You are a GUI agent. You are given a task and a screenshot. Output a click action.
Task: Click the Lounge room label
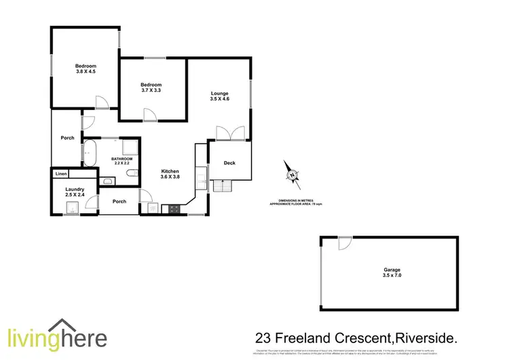(219, 96)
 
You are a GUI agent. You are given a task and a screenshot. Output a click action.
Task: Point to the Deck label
(229, 163)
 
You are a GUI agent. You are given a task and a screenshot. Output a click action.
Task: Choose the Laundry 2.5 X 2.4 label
(74, 192)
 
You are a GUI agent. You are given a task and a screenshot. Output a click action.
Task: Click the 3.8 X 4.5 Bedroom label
(86, 69)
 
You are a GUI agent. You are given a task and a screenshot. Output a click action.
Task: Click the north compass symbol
(293, 175)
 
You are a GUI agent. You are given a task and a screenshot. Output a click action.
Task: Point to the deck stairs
(223, 185)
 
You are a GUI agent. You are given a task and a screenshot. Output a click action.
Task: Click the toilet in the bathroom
(131, 177)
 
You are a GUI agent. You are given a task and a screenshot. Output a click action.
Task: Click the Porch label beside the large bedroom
(67, 138)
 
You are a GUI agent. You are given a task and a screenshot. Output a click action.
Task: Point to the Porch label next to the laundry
(119, 201)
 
